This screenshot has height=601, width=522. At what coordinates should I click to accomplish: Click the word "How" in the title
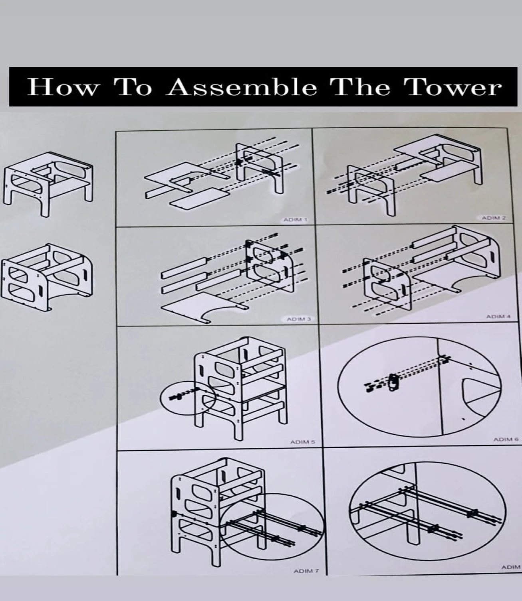coord(62,87)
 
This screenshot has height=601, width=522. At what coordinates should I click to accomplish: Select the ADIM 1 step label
coord(295,220)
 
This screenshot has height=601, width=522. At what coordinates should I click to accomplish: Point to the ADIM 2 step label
coord(493,218)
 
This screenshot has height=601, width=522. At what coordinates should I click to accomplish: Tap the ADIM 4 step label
coord(498,317)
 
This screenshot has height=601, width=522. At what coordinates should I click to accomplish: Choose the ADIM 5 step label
coord(302,442)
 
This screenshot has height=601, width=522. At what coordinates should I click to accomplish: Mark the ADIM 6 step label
coord(505,439)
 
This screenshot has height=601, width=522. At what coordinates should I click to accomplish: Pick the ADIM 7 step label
coord(306,571)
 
